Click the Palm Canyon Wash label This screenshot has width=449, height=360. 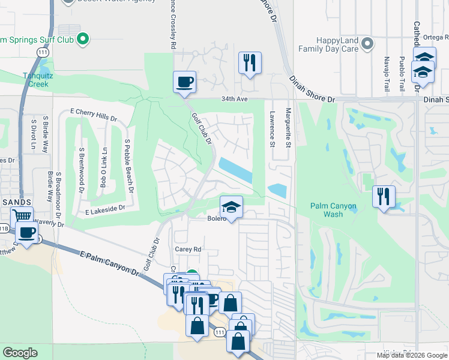pos(333,210)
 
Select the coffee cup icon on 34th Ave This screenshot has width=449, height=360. pos(185,81)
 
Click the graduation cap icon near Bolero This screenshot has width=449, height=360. pos(231,207)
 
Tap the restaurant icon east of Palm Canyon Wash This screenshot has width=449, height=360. pos(384,196)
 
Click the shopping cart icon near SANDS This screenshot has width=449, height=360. pos(22,217)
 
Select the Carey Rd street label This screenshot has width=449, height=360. pos(187,249)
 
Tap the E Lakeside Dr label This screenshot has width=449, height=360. pos(104,209)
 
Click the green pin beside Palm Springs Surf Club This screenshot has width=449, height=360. pos(83,40)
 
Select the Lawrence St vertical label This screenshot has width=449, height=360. pos(272,128)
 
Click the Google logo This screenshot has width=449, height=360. pos(19,353)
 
